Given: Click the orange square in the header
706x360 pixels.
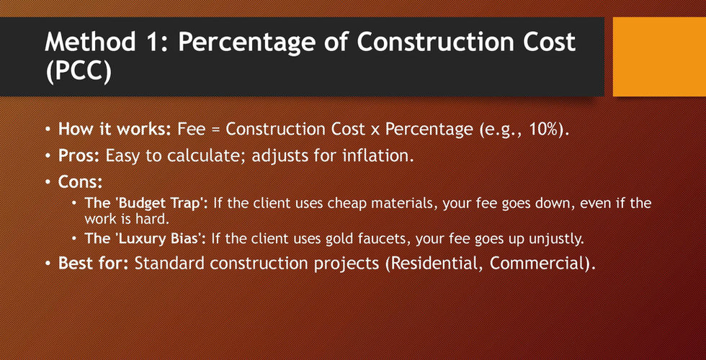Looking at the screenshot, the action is [659, 57].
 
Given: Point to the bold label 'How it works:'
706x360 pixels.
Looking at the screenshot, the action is [115, 129].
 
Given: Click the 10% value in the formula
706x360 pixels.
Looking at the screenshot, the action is [547, 129].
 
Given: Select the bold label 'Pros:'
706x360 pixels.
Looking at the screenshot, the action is [80, 156].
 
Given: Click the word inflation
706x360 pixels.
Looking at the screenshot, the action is [375, 156].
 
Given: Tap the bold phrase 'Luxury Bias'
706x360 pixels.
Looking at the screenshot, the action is [159, 238].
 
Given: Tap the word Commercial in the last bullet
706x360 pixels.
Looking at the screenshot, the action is [539, 263].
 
